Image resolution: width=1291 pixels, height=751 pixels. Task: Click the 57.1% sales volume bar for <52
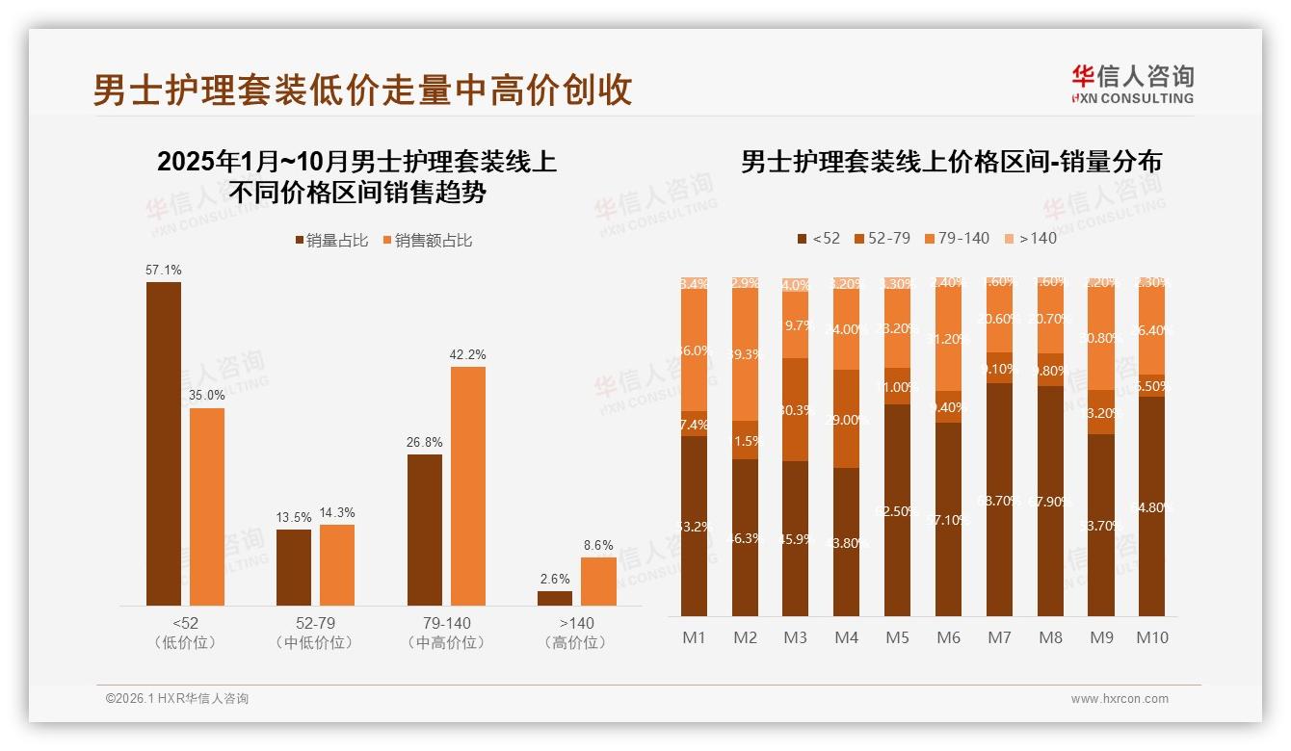click(x=164, y=443)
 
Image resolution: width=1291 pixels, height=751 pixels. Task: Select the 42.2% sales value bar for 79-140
click(x=468, y=485)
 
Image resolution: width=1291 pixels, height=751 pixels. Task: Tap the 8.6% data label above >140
click(x=598, y=545)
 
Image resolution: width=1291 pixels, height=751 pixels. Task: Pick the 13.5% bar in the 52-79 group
click(x=294, y=567)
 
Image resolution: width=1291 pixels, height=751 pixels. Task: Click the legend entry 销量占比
click(x=330, y=241)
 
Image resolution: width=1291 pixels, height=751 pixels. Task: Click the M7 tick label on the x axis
click(x=1000, y=637)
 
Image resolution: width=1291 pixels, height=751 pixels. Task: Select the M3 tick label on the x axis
click(x=796, y=637)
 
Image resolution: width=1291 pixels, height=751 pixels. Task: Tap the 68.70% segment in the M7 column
click(x=1000, y=500)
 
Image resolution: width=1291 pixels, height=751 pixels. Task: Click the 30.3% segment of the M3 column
click(x=796, y=410)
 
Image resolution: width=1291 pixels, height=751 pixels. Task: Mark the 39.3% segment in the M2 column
click(x=745, y=354)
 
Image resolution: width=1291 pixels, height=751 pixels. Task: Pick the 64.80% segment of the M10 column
click(x=1151, y=506)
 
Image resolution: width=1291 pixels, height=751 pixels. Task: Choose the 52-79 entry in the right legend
click(x=882, y=238)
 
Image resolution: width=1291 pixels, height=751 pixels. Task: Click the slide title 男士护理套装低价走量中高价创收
click(x=362, y=90)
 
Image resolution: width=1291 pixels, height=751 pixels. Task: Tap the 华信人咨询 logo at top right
click(x=1132, y=84)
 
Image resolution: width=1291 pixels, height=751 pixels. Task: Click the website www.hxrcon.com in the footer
click(x=1120, y=699)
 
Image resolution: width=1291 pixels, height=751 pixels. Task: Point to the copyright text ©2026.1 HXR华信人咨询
click(x=177, y=699)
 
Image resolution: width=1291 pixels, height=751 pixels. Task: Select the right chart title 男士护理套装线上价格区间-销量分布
click(x=951, y=162)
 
